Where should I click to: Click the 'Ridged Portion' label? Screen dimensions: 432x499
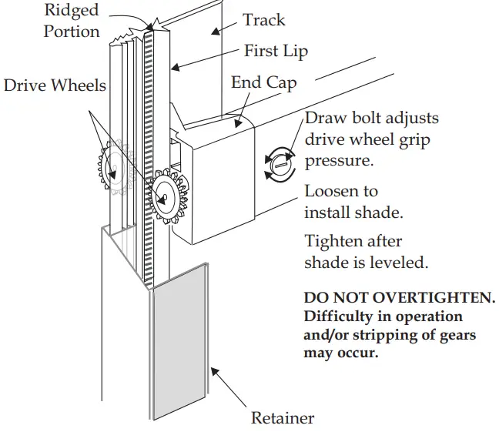(72, 21)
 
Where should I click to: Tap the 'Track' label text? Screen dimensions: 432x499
(263, 21)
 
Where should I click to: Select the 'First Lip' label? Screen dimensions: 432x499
(276, 52)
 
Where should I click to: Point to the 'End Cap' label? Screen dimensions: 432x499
(263, 82)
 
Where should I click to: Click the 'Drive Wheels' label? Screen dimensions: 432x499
(55, 85)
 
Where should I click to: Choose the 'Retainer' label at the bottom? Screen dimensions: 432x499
(283, 418)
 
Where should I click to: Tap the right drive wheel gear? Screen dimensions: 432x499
(163, 197)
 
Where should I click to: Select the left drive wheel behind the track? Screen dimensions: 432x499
(112, 166)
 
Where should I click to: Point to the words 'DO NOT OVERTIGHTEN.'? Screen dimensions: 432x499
(400, 297)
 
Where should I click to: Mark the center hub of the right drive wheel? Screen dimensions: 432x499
(162, 198)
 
